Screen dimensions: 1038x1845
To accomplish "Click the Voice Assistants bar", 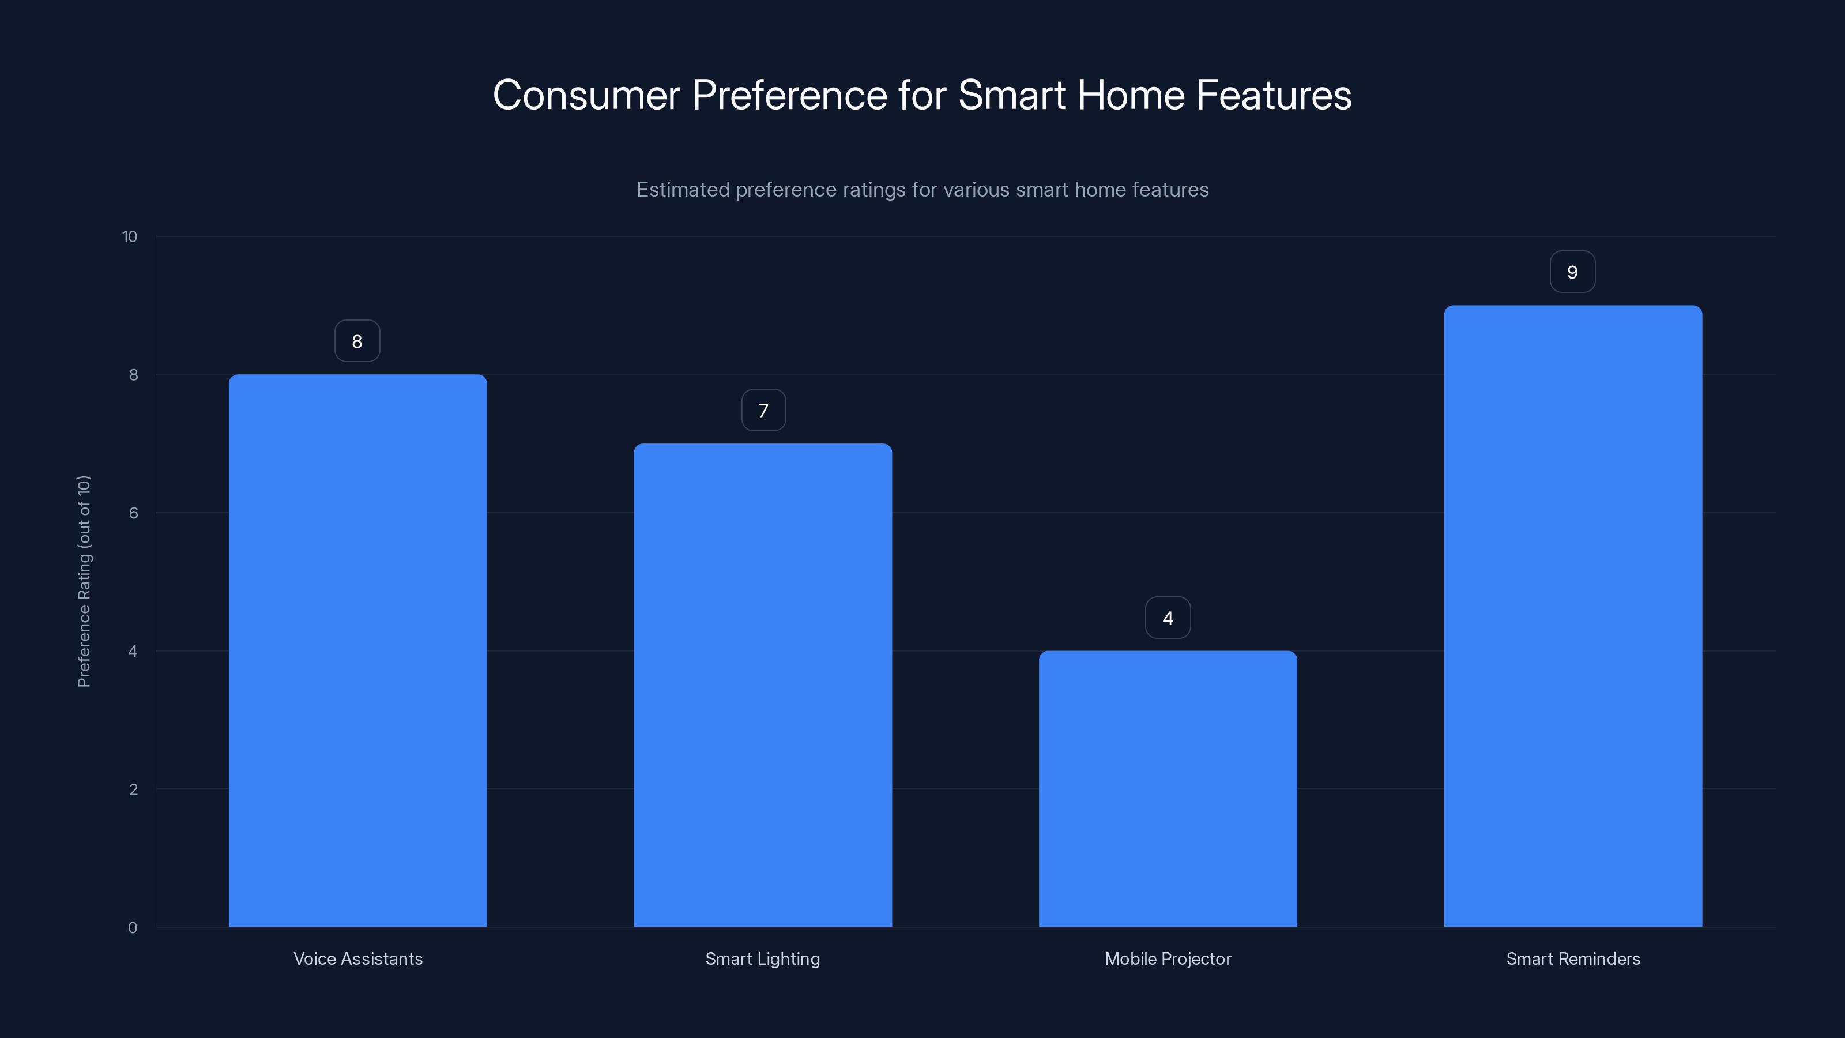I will click(x=357, y=650).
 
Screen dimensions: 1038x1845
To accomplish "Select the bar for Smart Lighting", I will click(x=763, y=685).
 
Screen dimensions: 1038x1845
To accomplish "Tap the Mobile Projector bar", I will click(x=1168, y=789).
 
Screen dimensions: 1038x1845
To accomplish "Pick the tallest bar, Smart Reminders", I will click(x=1573, y=616).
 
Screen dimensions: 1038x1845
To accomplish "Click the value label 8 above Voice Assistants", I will click(x=357, y=341).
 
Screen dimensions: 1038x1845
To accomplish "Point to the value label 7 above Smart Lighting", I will click(x=763, y=411).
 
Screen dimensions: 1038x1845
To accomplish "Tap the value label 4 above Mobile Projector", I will click(x=1168, y=618).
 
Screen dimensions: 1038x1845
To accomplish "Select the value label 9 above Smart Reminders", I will click(x=1572, y=272).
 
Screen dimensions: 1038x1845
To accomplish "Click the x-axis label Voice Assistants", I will click(x=358, y=958).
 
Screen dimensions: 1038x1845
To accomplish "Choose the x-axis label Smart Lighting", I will click(x=763, y=958).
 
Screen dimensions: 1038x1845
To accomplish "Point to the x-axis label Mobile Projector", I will click(x=1168, y=958).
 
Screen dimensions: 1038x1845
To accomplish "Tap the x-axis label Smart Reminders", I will click(x=1573, y=958).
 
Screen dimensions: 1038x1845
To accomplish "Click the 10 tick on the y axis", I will click(x=130, y=236).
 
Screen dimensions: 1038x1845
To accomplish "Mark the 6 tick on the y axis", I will click(x=133, y=513).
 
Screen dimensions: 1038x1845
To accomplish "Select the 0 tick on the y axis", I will click(x=133, y=928).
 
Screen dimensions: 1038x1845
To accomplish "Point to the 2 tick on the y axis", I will click(x=133, y=789).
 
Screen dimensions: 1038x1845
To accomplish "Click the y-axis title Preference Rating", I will click(x=84, y=581).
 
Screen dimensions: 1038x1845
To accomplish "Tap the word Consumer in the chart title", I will click(x=586, y=95).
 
